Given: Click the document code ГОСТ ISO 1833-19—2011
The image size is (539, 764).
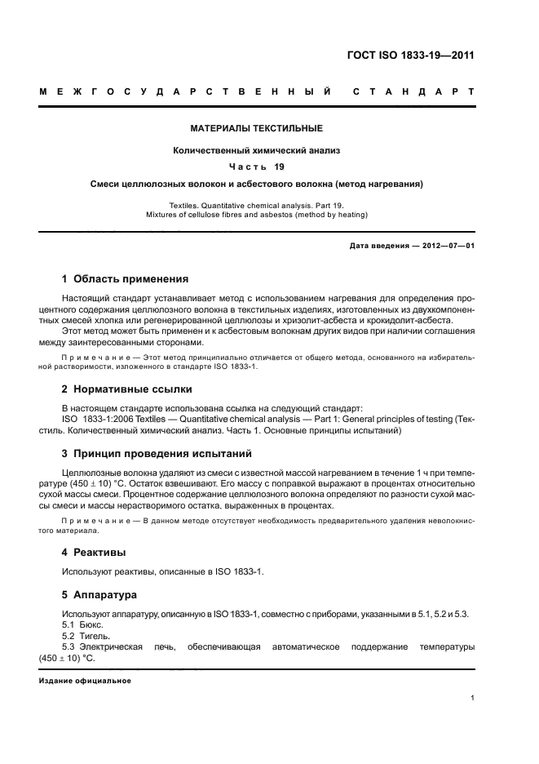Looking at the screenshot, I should (410, 56).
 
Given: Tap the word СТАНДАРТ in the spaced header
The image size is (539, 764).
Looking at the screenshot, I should (413, 91).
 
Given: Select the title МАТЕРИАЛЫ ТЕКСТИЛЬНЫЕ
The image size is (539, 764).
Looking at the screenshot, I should (257, 128).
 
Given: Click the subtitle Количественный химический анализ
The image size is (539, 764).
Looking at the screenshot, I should (257, 150).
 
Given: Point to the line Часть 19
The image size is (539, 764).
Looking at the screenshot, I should (257, 167).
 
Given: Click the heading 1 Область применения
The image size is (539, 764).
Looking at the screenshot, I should (126, 279).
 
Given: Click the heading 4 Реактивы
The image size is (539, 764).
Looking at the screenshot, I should (94, 552).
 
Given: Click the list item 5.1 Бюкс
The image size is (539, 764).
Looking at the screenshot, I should (82, 624).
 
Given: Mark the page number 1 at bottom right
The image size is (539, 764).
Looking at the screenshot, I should (473, 698).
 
